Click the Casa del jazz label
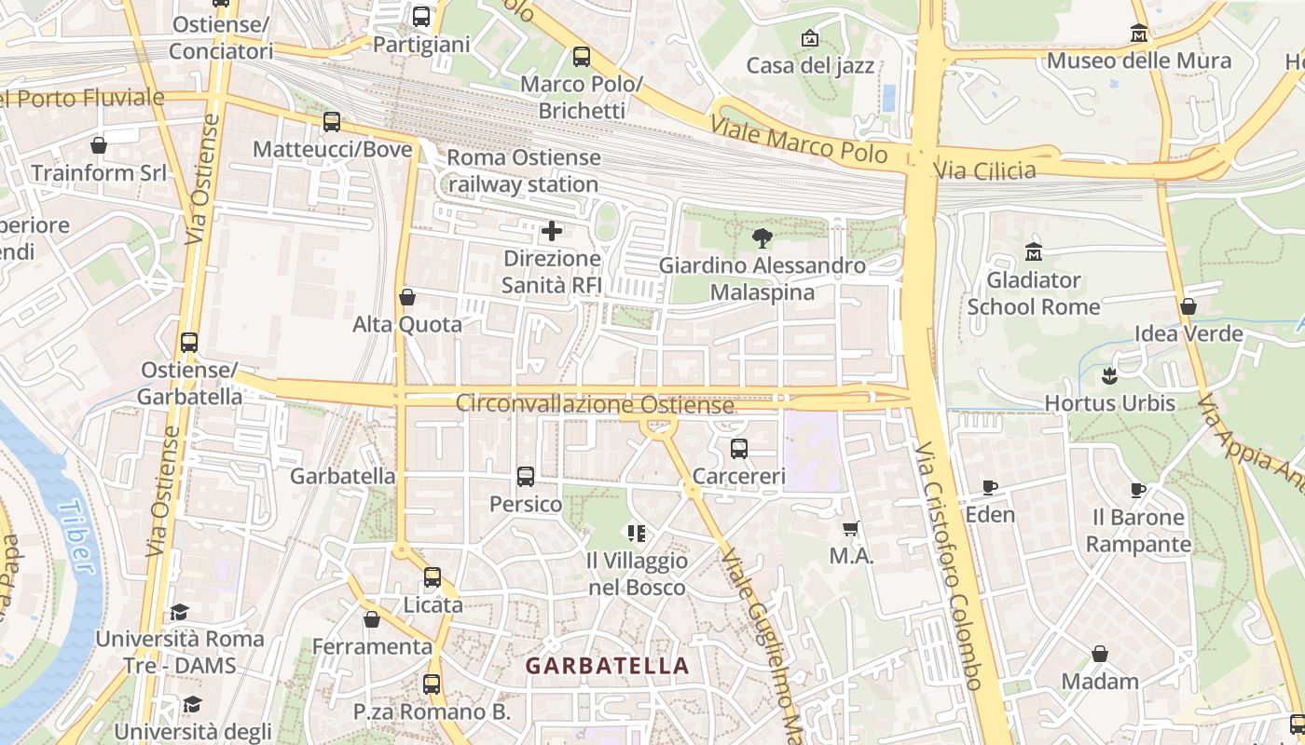(x=810, y=65)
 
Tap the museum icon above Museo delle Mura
(x=1138, y=34)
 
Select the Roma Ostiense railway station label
(x=523, y=170)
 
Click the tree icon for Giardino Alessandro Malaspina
(x=762, y=238)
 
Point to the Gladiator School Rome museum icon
(x=1033, y=252)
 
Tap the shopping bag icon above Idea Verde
(x=1188, y=306)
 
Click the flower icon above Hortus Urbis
(x=1109, y=376)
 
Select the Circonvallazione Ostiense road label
(x=594, y=405)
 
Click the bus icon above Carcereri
(x=739, y=449)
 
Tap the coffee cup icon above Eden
(x=989, y=487)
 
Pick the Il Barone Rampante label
(x=1138, y=530)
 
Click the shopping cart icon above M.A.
(x=850, y=529)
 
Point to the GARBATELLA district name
(x=607, y=666)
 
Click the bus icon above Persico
(x=526, y=477)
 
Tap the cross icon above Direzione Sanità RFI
(x=552, y=230)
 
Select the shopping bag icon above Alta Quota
(x=407, y=297)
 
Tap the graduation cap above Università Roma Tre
(x=179, y=612)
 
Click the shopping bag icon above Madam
(x=1100, y=654)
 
